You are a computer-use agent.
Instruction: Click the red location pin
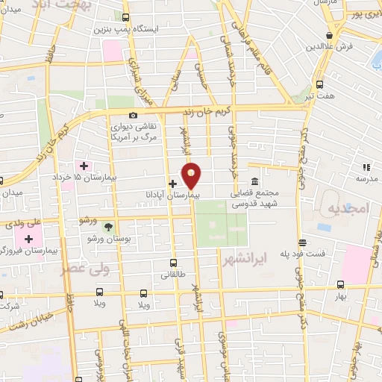point(192,175)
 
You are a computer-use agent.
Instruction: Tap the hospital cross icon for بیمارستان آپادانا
point(172,184)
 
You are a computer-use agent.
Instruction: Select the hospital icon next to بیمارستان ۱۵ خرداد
point(84,165)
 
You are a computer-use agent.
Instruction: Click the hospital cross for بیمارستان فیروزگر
point(29,239)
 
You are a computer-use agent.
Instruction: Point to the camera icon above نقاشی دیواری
point(134,115)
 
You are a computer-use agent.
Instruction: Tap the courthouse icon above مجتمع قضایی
point(255,181)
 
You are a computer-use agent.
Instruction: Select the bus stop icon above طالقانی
point(174,263)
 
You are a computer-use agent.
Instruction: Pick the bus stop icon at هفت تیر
point(320,84)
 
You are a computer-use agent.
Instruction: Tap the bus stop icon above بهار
point(340,284)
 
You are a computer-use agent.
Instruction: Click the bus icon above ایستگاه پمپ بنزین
point(125,17)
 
